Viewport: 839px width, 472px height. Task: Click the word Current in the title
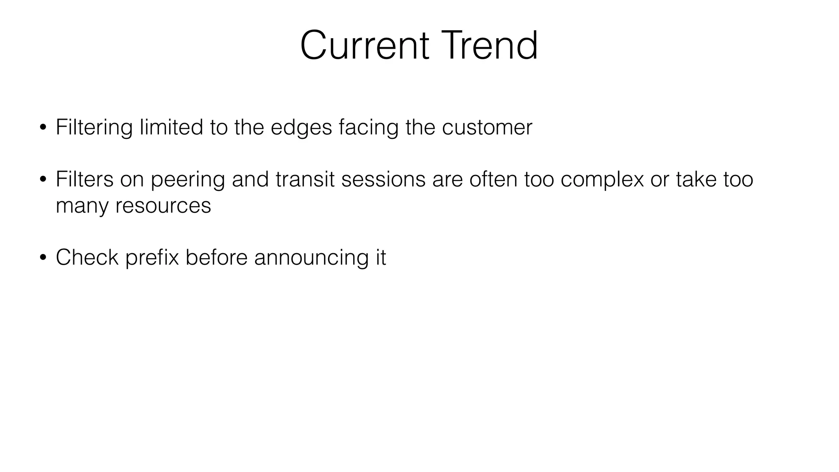(x=364, y=45)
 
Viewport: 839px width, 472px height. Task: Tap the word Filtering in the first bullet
(x=94, y=127)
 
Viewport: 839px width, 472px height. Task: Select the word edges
(x=301, y=127)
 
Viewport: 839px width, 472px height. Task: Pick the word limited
(x=171, y=127)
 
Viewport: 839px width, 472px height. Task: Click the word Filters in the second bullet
(x=84, y=179)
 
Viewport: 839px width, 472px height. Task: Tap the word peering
(x=188, y=180)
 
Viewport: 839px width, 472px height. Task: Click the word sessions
(x=383, y=179)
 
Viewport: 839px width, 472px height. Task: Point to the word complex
(x=602, y=180)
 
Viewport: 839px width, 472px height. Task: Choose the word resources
(x=163, y=206)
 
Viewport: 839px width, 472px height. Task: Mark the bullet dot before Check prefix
(x=43, y=258)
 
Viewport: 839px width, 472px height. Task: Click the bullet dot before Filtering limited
(x=43, y=128)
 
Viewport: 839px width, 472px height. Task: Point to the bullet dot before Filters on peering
(x=43, y=180)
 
